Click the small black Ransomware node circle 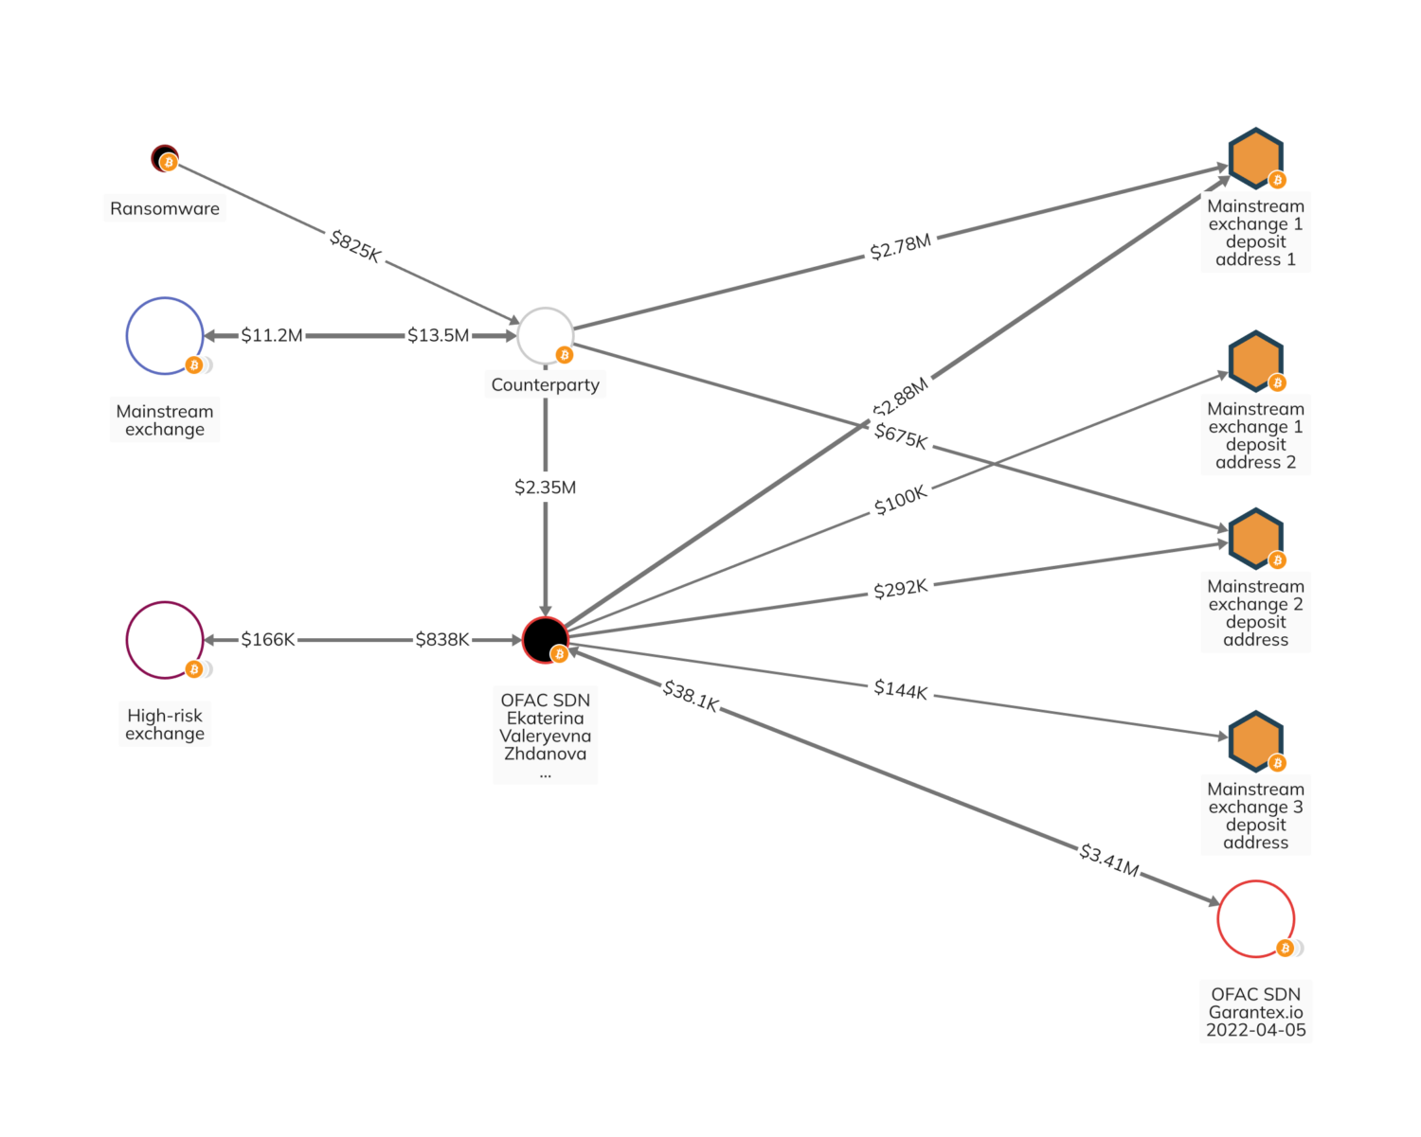pyautogui.click(x=164, y=157)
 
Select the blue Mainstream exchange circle pyautogui.click(x=165, y=336)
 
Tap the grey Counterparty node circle pyautogui.click(x=545, y=335)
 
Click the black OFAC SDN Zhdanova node pyautogui.click(x=545, y=640)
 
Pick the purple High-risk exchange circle pyautogui.click(x=165, y=640)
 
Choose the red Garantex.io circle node pyautogui.click(x=1255, y=918)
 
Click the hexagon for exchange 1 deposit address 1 pyautogui.click(x=1255, y=157)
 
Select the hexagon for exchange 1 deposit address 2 pyautogui.click(x=1255, y=361)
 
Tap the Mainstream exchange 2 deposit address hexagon pyautogui.click(x=1255, y=538)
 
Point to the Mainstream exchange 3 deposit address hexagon pyautogui.click(x=1255, y=740)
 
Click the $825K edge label pyautogui.click(x=355, y=246)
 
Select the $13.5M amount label pyautogui.click(x=438, y=335)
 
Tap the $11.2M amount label pyautogui.click(x=272, y=335)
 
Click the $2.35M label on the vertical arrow pyautogui.click(x=545, y=488)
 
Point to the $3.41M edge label pyautogui.click(x=1109, y=860)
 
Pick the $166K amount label pyautogui.click(x=268, y=640)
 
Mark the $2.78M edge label pyautogui.click(x=900, y=246)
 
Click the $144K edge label pyautogui.click(x=900, y=689)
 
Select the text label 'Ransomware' pyautogui.click(x=165, y=208)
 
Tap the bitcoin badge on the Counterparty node pyautogui.click(x=565, y=355)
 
